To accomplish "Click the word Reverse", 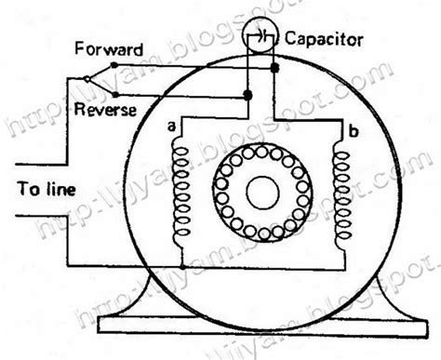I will click(x=108, y=109).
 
